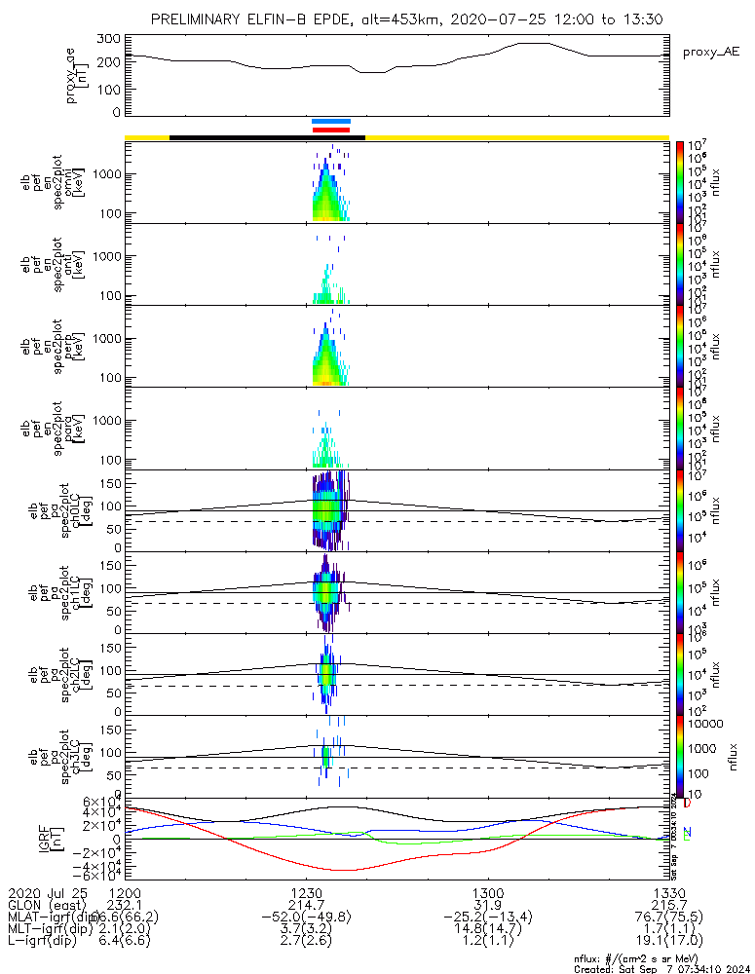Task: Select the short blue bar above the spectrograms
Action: click(331, 121)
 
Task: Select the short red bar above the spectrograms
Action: click(331, 129)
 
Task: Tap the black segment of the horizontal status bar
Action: click(267, 137)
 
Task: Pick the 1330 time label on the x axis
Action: click(668, 892)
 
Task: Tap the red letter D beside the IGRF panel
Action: click(687, 804)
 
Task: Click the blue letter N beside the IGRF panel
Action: click(687, 832)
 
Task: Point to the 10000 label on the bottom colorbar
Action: click(700, 725)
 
